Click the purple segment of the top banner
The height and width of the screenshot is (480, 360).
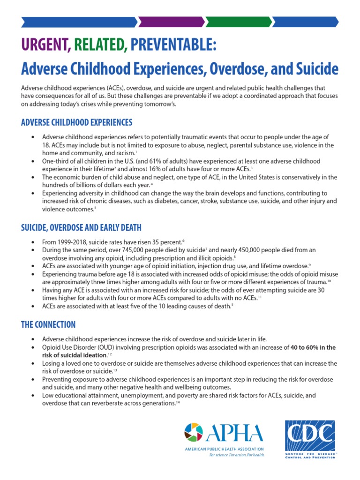click(171, 22)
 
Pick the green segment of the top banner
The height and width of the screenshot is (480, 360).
click(238, 22)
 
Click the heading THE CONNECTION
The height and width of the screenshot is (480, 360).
click(48, 324)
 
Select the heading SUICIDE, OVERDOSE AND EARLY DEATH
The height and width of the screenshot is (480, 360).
click(81, 227)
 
